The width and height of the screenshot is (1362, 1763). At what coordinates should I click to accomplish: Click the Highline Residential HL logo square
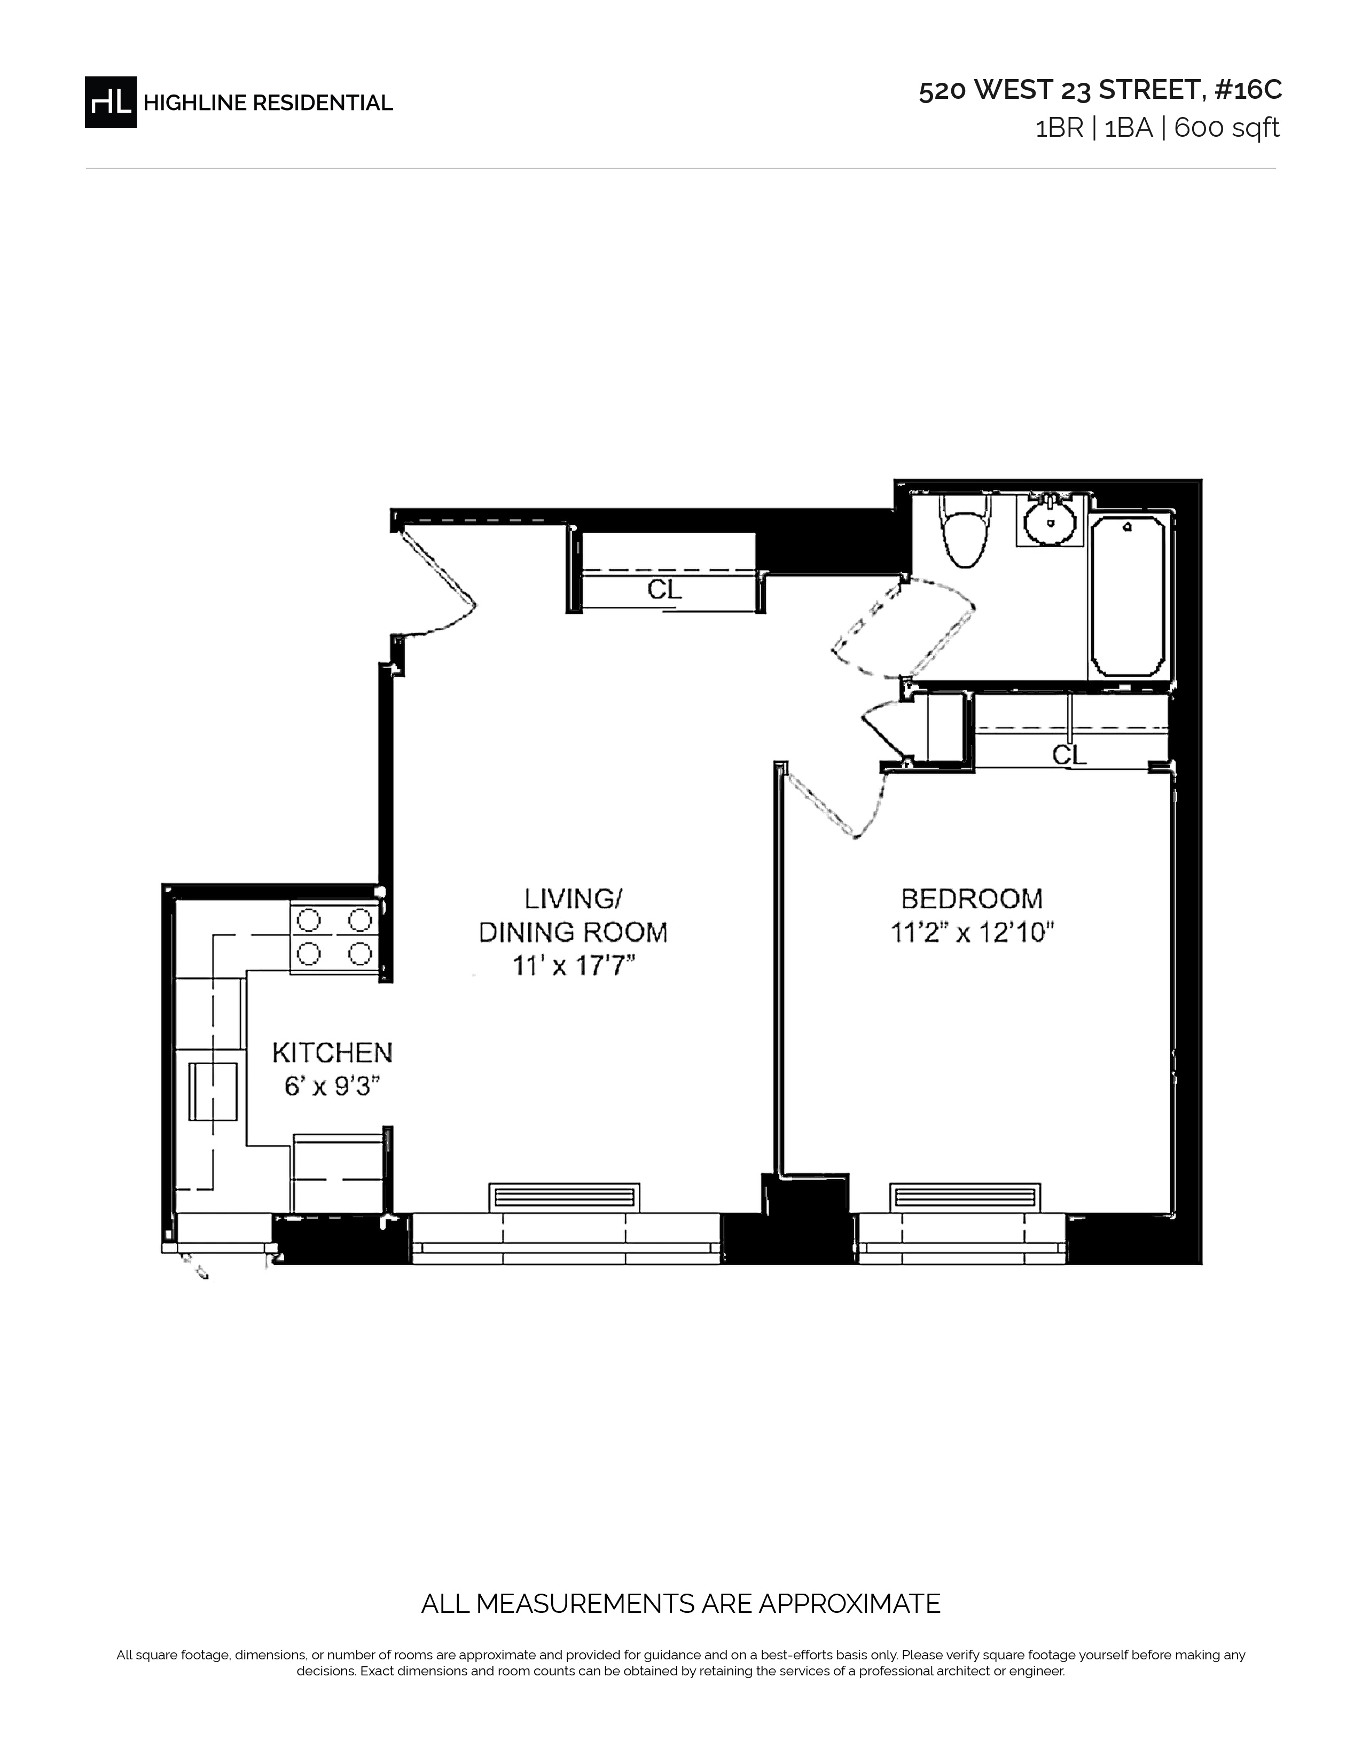coord(111,102)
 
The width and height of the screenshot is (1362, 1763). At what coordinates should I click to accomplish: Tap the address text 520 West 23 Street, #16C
coord(1100,90)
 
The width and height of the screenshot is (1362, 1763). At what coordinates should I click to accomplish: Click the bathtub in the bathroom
coord(1128,597)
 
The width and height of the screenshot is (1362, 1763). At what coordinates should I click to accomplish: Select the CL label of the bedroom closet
coord(1069,755)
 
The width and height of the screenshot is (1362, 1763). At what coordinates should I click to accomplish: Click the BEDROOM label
coord(972,899)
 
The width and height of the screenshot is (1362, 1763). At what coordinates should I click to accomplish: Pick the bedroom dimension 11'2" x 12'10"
coord(972,933)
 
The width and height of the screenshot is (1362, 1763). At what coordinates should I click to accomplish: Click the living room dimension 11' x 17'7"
coord(574,966)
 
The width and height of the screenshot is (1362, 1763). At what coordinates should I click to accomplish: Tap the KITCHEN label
coord(332,1052)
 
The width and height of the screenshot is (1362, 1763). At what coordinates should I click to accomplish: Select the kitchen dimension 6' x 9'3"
coord(332,1087)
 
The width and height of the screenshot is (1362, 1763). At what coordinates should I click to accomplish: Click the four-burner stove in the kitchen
coord(335,937)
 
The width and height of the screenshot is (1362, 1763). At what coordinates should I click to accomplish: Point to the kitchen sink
coord(213,1091)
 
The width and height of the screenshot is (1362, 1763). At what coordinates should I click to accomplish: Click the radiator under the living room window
coord(564,1197)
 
